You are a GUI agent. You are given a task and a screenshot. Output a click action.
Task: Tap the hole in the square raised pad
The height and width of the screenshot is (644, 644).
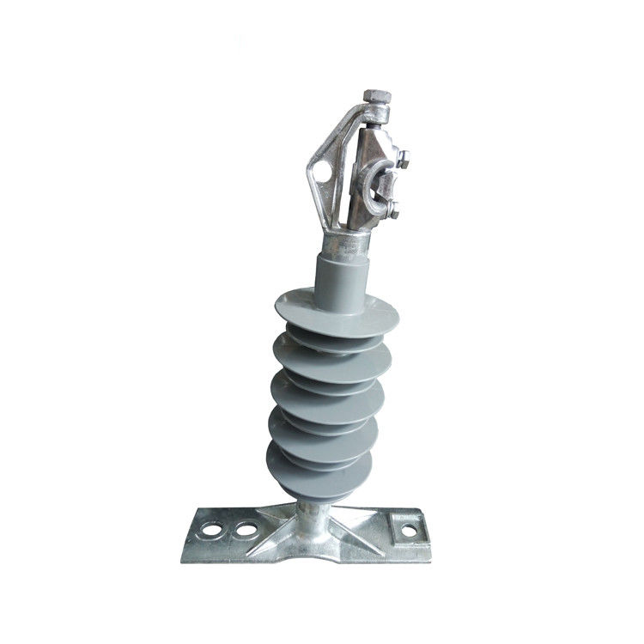409,531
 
